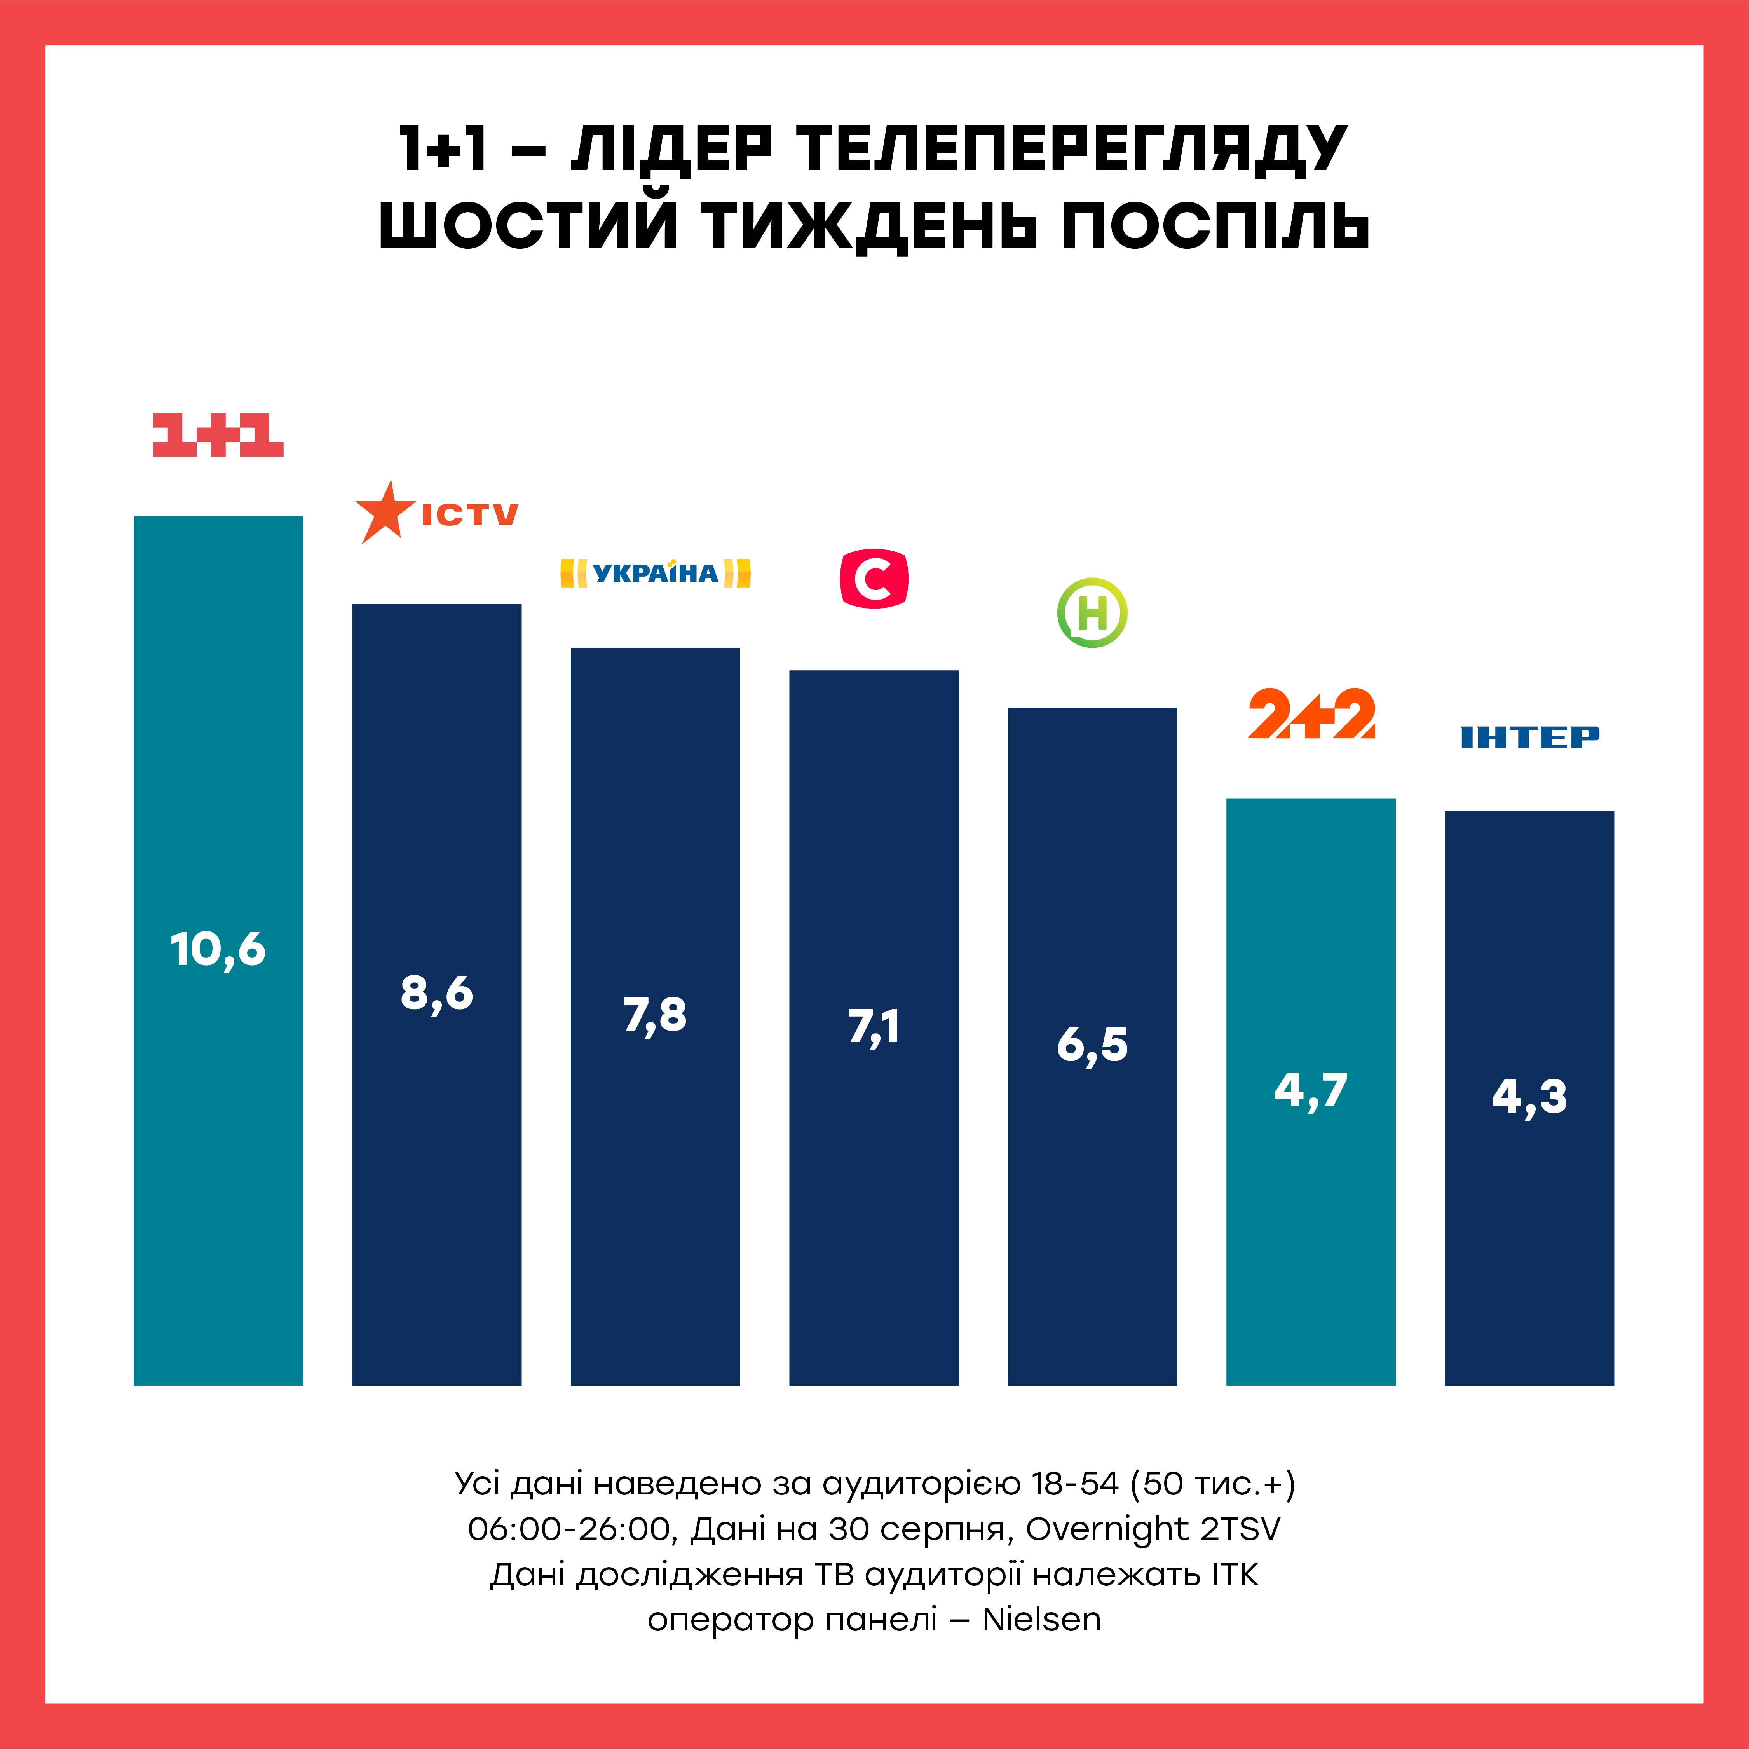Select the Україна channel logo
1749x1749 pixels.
tap(656, 573)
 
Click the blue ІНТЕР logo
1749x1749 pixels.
tap(1530, 737)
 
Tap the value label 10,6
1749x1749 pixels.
tap(218, 950)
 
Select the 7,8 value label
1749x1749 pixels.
tap(656, 1015)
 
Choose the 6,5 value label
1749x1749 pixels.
tap(1093, 1045)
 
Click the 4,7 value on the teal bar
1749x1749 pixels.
tap(1311, 1091)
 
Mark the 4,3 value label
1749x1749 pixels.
tap(1530, 1097)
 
